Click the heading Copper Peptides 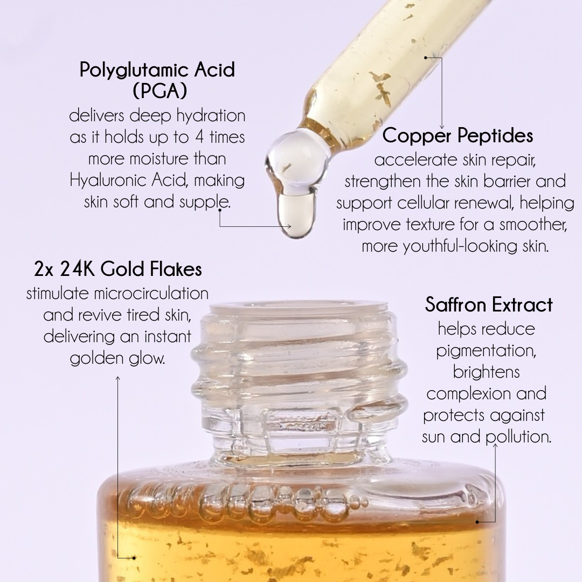point(458,136)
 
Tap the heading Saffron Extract point(489,305)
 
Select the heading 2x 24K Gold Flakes point(117,268)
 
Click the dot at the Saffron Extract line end point(478,521)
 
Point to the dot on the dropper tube point(426,57)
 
